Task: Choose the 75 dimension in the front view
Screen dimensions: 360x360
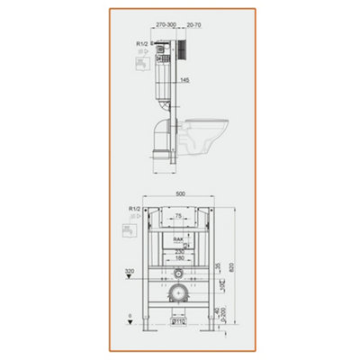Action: pyautogui.click(x=180, y=217)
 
